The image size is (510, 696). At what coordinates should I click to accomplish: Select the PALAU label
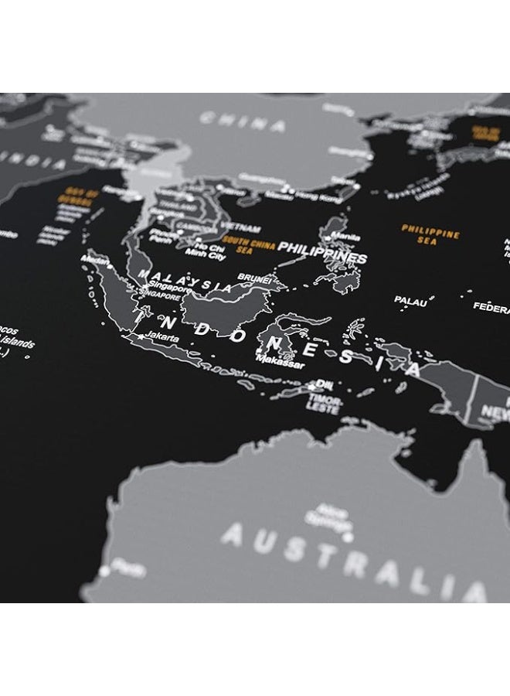click(410, 301)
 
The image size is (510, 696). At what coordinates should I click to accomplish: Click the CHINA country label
click(242, 121)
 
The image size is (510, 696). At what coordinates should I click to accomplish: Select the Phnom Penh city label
click(164, 234)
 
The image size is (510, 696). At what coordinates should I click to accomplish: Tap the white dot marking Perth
click(106, 571)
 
